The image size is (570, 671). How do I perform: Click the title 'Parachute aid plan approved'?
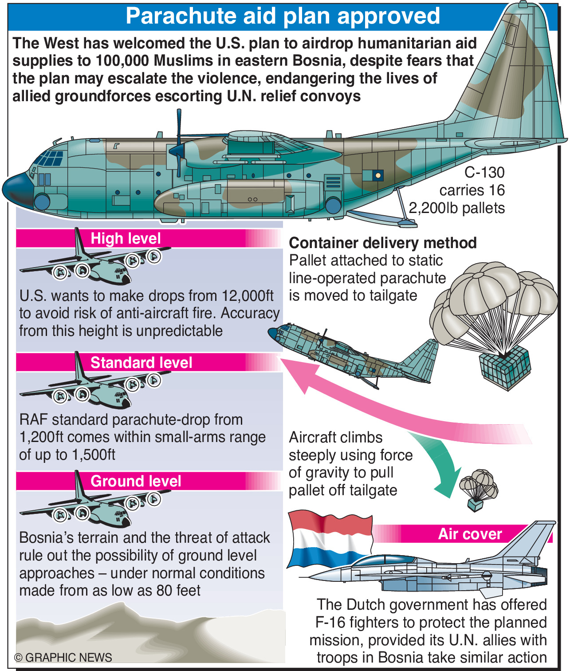[283, 16]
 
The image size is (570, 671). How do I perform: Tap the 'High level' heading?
[126, 239]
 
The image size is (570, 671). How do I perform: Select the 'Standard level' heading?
[141, 363]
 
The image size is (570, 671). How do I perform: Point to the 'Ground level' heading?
[136, 481]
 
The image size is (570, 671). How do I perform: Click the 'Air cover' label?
[470, 534]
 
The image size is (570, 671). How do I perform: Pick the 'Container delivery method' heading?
[382, 243]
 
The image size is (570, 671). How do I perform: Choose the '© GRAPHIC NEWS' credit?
[63, 657]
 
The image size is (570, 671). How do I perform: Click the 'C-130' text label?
[484, 173]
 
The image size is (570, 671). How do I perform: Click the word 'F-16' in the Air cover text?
[330, 623]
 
